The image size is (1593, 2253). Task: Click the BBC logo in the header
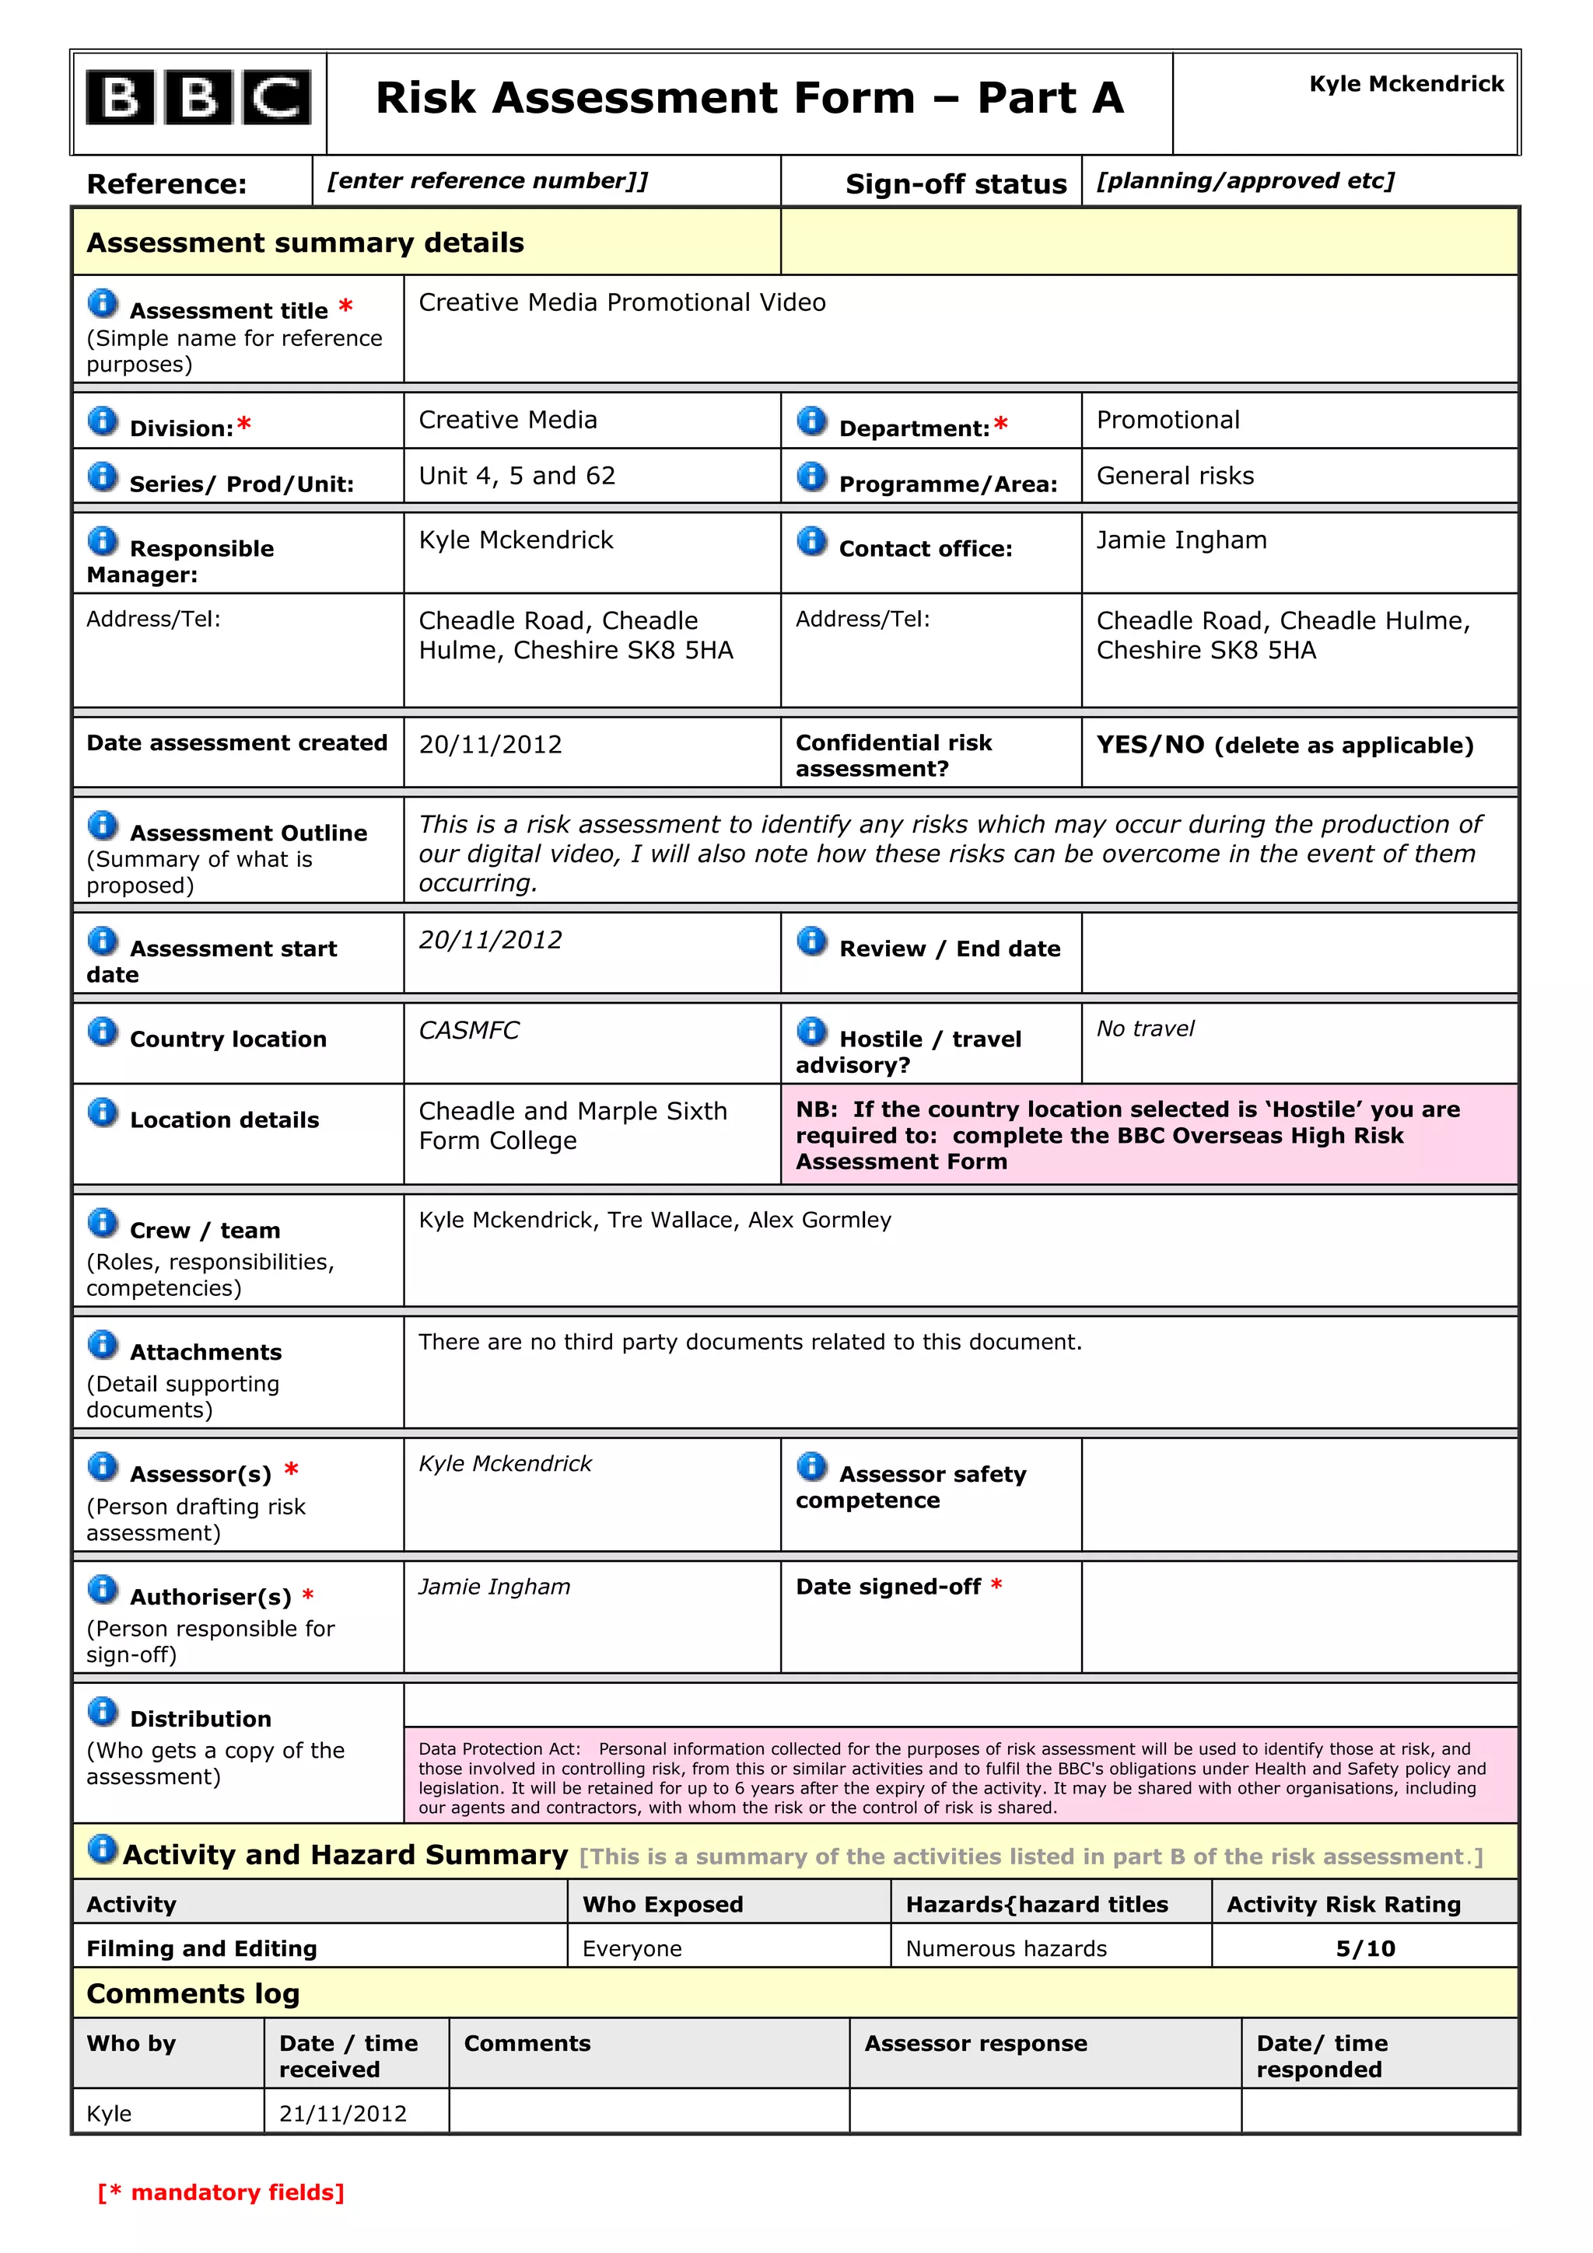click(x=198, y=98)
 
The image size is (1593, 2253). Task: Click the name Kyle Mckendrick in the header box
click(x=1405, y=85)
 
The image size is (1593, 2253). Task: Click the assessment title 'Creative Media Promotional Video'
click(x=621, y=302)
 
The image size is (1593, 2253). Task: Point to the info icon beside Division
click(x=102, y=421)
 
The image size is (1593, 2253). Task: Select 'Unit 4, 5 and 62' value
click(x=516, y=476)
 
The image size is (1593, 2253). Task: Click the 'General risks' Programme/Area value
click(x=1174, y=476)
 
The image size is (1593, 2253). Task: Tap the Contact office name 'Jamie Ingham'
click(x=1181, y=540)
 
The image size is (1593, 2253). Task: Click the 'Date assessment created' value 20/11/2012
click(x=490, y=745)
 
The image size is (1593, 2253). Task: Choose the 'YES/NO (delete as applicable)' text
click(x=1284, y=745)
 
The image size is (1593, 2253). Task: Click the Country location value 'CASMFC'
click(x=468, y=1030)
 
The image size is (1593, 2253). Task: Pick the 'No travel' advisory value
click(x=1144, y=1029)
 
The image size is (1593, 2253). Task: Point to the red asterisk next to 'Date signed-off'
click(x=996, y=1584)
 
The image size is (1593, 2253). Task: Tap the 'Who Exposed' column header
click(x=663, y=1904)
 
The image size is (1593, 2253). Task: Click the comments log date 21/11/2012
click(x=342, y=2113)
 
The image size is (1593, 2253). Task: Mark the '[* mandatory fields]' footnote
click(x=221, y=2192)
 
